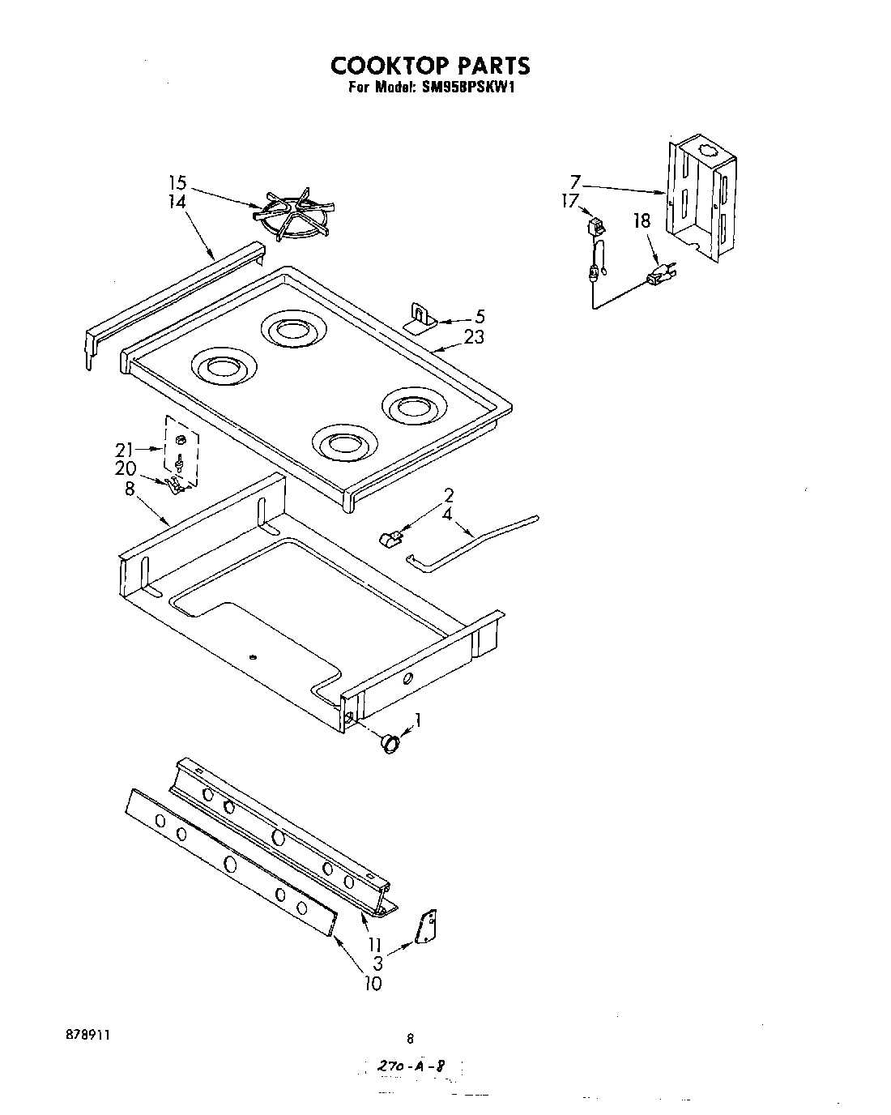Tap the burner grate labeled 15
[x=292, y=215]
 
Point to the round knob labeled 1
[x=391, y=742]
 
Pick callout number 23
[x=474, y=336]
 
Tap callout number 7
[x=575, y=182]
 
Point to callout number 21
[x=124, y=448]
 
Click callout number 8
[x=130, y=489]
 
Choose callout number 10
[x=373, y=984]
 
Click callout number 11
[x=373, y=945]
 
